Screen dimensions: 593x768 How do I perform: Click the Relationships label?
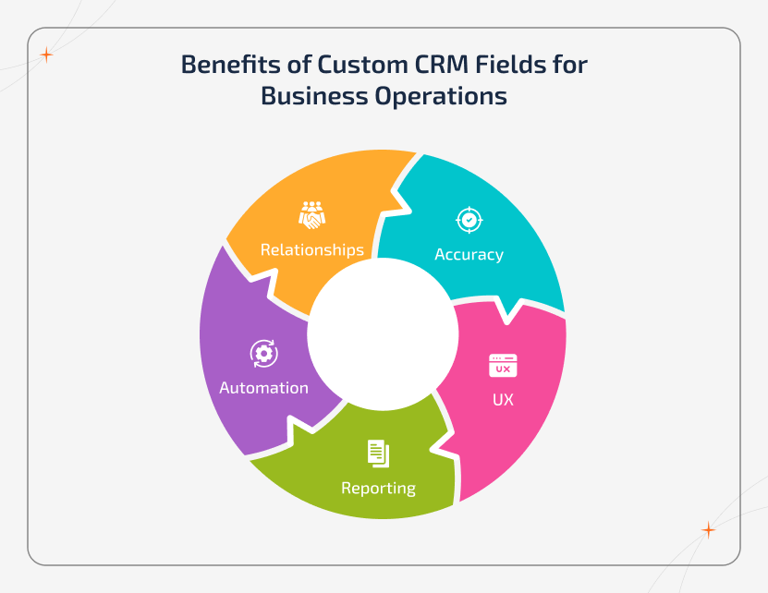pos(311,249)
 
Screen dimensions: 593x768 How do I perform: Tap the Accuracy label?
pos(469,254)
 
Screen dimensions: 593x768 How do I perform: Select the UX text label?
pos(503,400)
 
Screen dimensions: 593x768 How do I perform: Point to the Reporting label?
pos(378,488)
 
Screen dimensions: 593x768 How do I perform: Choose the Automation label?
pos(263,388)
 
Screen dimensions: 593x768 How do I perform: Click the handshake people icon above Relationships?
pos(311,215)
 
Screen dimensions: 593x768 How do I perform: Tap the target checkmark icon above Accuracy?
pos(469,220)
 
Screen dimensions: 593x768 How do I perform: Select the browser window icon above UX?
pos(503,366)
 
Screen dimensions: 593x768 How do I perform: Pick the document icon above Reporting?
pos(378,453)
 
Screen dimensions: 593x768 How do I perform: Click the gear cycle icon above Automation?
pos(263,353)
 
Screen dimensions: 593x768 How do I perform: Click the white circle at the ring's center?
pos(383,333)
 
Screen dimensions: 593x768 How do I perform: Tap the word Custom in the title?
pos(360,66)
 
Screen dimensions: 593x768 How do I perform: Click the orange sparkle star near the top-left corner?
pos(46,55)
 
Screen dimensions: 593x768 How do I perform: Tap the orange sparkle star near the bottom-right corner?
pos(708,530)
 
